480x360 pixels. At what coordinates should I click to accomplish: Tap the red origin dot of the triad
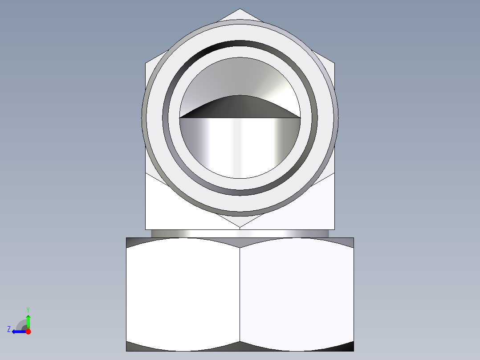(x=28, y=331)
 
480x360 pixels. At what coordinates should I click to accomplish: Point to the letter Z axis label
(x=9, y=329)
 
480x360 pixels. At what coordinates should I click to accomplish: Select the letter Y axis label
(x=28, y=309)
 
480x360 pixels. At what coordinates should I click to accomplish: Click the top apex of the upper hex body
(x=240, y=9)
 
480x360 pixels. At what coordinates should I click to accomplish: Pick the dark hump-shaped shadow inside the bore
(x=240, y=107)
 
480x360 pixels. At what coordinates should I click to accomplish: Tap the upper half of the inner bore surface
(x=240, y=76)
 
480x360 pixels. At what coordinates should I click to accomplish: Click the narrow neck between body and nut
(x=240, y=233)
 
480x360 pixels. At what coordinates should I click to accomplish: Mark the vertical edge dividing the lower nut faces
(x=240, y=294)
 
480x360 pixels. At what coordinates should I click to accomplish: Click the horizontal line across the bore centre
(x=240, y=118)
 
